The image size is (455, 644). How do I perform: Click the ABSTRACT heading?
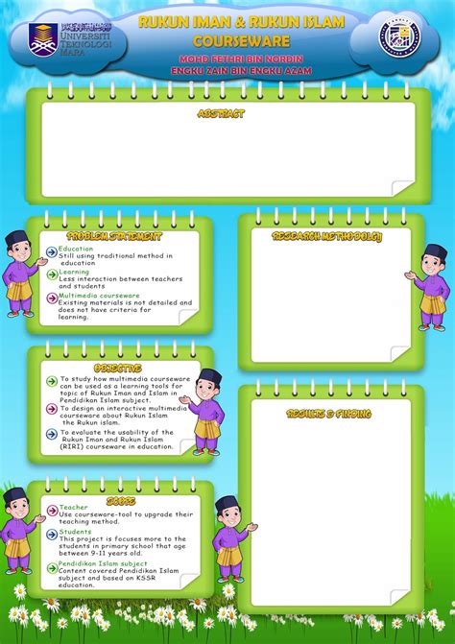click(x=220, y=113)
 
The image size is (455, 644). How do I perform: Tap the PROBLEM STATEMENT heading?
click(x=114, y=236)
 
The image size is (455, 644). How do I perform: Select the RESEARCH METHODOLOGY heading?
click(x=327, y=236)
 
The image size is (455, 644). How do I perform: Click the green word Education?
click(x=76, y=249)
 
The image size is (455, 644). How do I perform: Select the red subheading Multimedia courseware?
click(x=99, y=296)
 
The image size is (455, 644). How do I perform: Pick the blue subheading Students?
click(x=75, y=532)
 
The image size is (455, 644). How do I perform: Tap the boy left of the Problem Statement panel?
click(x=19, y=274)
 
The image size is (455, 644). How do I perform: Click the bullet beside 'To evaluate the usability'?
click(x=52, y=434)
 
